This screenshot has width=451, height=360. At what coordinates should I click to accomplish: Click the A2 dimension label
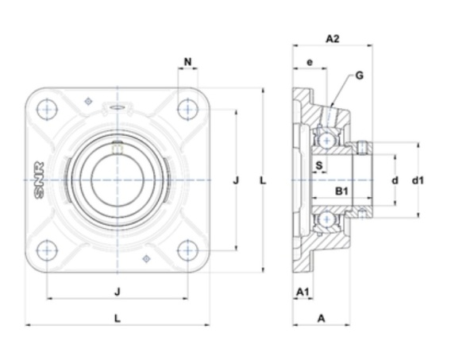click(x=333, y=39)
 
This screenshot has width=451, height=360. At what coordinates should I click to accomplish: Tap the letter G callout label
click(x=359, y=75)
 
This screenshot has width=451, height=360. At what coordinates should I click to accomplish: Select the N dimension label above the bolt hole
click(x=188, y=61)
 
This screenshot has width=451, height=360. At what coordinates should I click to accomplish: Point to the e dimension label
click(x=310, y=62)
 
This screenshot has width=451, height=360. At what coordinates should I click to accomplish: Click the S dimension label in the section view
click(x=319, y=165)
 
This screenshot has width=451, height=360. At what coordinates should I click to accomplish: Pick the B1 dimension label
click(x=342, y=191)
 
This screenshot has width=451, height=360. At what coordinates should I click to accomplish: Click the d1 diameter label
click(x=418, y=180)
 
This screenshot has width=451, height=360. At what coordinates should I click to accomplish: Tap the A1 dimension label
click(x=303, y=292)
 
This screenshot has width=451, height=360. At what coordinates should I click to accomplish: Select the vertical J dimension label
click(x=236, y=180)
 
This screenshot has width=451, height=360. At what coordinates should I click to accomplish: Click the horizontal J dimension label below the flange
click(x=117, y=292)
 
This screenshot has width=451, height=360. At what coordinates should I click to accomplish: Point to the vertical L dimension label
click(x=263, y=180)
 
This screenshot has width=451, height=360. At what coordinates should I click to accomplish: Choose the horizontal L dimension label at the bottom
click(x=118, y=318)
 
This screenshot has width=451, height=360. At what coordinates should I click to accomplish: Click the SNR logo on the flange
click(x=39, y=180)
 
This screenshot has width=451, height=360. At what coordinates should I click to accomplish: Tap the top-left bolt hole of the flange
click(x=47, y=110)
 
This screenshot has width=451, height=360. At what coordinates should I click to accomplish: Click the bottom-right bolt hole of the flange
click(x=188, y=250)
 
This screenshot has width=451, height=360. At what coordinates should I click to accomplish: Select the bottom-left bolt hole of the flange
click(x=47, y=250)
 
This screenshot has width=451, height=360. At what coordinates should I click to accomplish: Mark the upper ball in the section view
click(x=327, y=141)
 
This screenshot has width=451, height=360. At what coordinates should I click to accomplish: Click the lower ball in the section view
click(x=327, y=219)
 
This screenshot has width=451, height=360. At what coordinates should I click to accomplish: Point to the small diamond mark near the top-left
click(x=88, y=101)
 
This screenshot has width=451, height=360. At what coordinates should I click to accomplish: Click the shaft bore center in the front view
click(x=117, y=180)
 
